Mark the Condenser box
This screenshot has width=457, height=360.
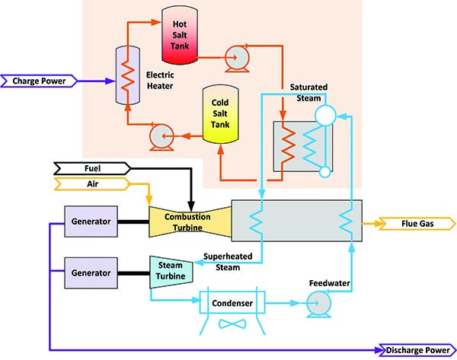pos(232,304)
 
